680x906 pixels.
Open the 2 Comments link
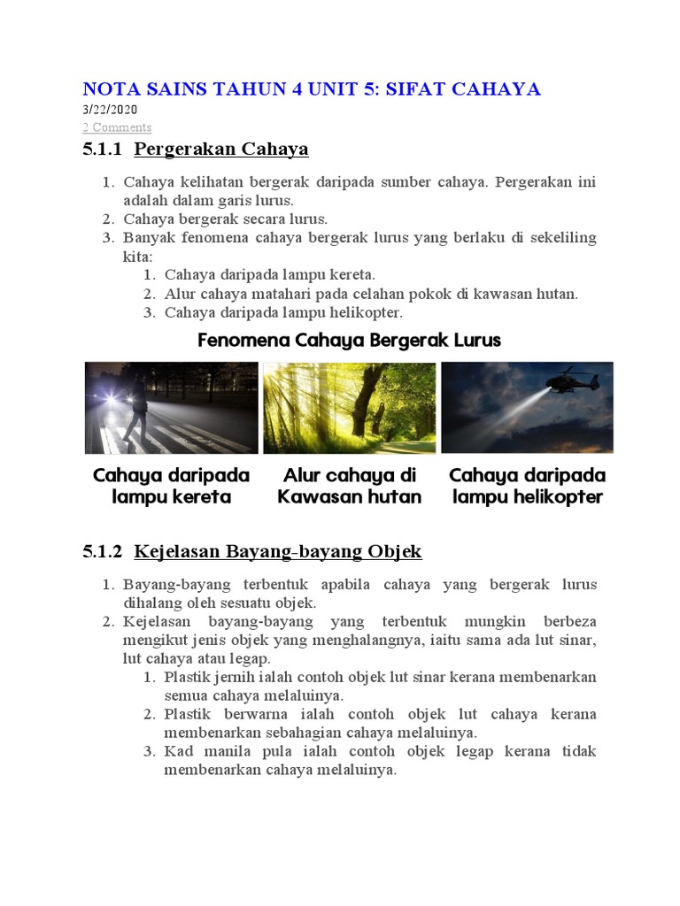[117, 127]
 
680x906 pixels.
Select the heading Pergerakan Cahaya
[220, 149]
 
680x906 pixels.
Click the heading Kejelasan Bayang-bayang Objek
[277, 552]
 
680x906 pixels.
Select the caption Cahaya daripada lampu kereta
[171, 486]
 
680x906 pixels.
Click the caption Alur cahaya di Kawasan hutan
[349, 486]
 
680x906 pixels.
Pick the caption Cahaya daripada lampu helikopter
[527, 486]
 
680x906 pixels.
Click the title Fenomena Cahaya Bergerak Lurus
[349, 340]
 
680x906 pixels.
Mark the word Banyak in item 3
[147, 238]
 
